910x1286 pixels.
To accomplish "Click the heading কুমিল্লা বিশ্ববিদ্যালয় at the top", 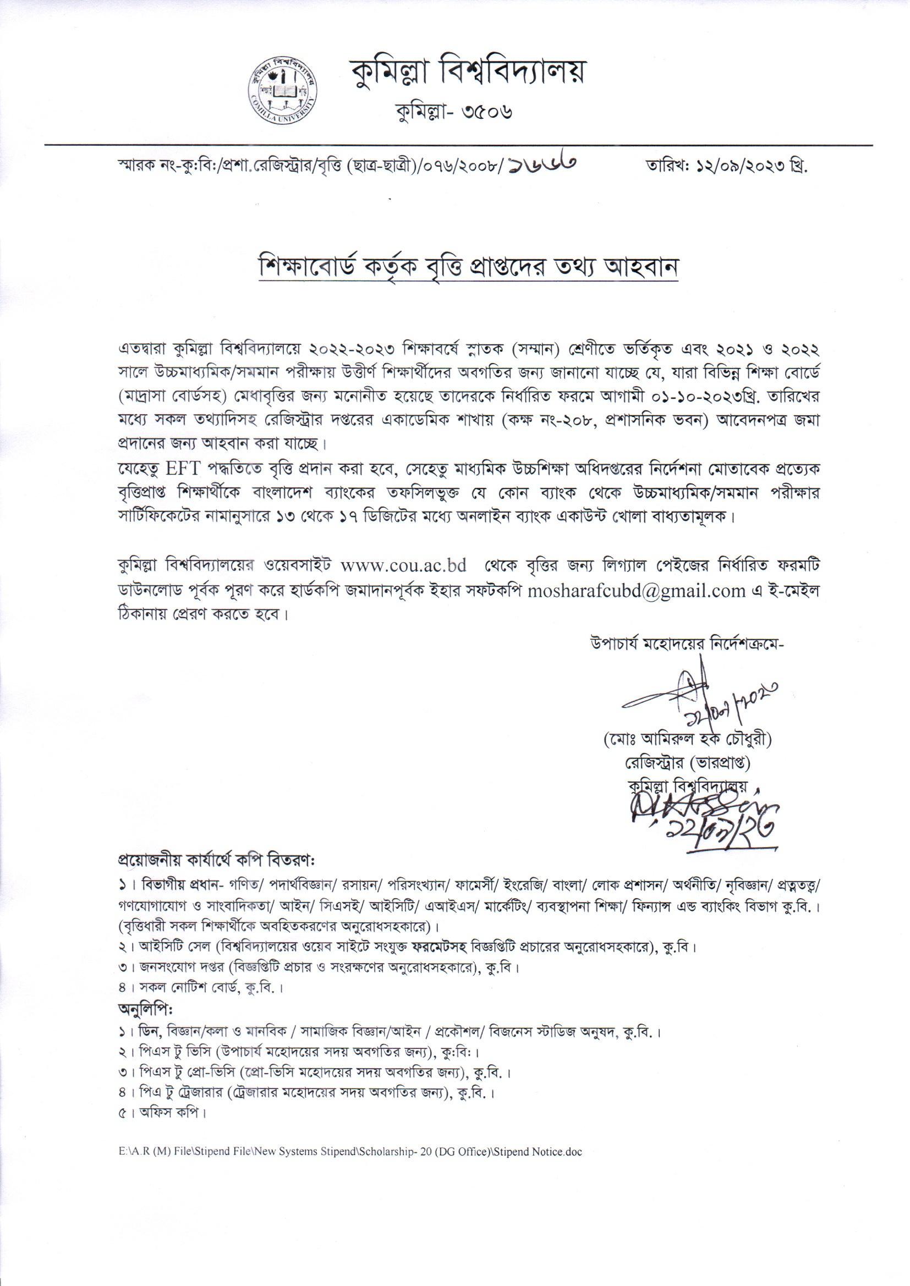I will click(x=464, y=73).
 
